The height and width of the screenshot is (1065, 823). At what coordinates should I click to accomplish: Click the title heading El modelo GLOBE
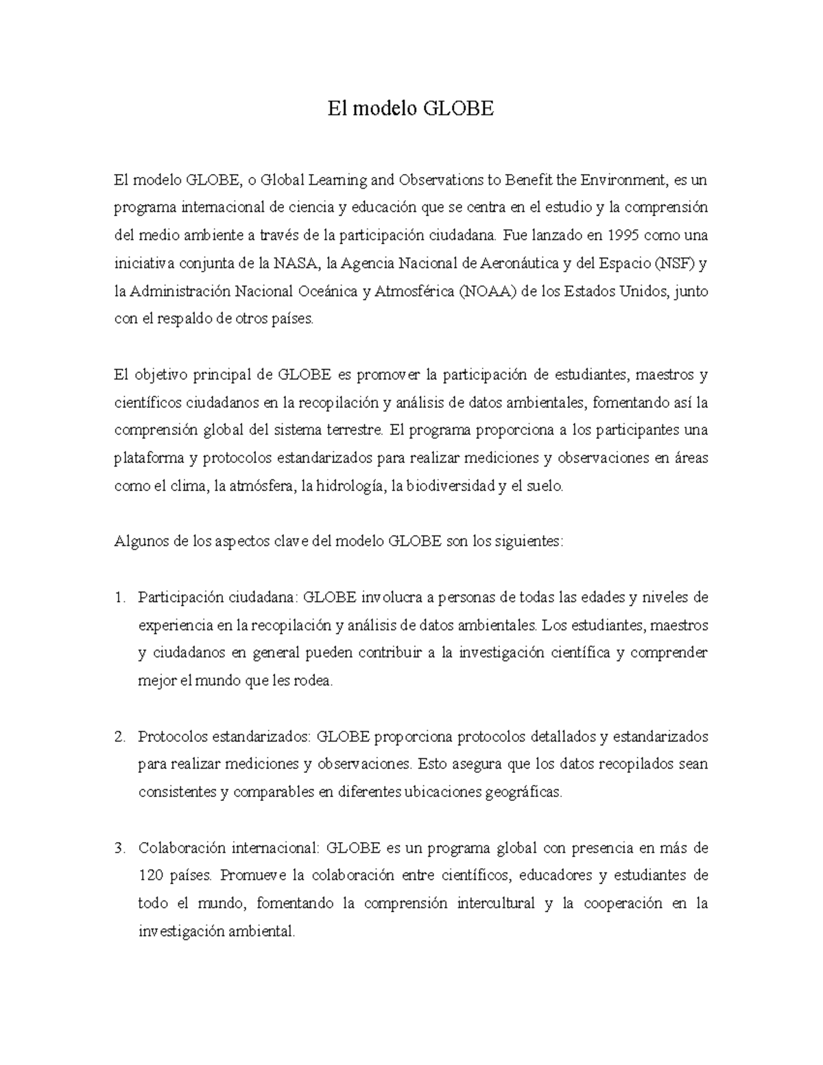point(411,110)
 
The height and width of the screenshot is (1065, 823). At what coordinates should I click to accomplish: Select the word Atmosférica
point(415,291)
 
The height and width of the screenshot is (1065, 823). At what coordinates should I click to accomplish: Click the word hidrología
point(348,486)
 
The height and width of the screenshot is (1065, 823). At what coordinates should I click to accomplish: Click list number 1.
point(119,597)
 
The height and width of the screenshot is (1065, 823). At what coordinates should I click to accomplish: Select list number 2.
point(119,737)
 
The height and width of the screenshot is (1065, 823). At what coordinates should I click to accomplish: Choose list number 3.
point(119,848)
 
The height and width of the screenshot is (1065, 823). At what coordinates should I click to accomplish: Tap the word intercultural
point(495,904)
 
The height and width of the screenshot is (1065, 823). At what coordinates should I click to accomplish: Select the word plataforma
point(145,458)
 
